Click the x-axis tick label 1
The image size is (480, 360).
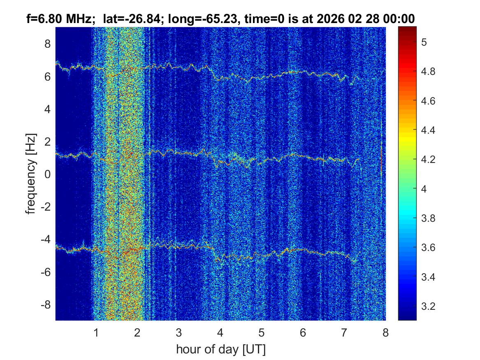coord(96,333)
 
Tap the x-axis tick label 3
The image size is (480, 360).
coord(179,333)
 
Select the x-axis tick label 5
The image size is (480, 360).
coord(262,333)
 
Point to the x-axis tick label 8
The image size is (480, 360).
coord(385,333)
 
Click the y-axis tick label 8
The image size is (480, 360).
coord(47,44)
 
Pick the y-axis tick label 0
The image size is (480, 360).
coord(47,174)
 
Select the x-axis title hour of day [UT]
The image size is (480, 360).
coord(220,350)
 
